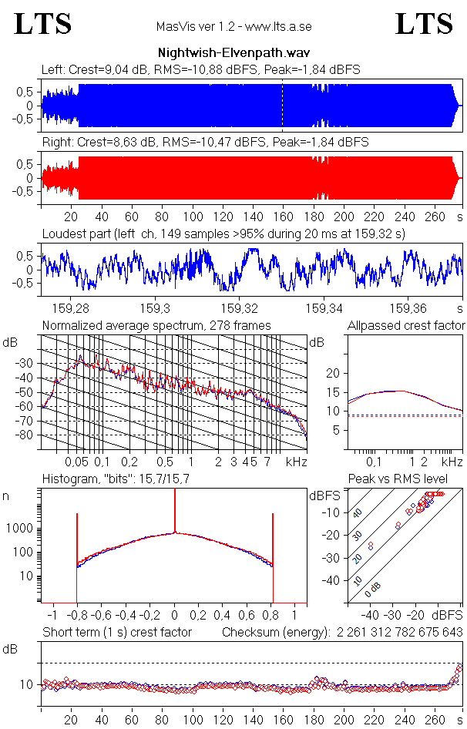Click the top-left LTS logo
pyautogui.click(x=43, y=24)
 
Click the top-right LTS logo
pyautogui.click(x=423, y=24)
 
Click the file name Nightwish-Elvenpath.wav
pyautogui.click(x=234, y=53)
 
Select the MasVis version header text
pyautogui.click(x=234, y=27)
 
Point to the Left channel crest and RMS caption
pyautogui.click(x=200, y=69)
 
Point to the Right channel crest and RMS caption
pyautogui.click(x=204, y=143)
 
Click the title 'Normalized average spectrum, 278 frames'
pyautogui.click(x=156, y=325)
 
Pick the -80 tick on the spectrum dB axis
pyautogui.click(x=29, y=435)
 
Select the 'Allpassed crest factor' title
pyautogui.click(x=406, y=325)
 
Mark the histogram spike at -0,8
pyautogui.click(x=77, y=539)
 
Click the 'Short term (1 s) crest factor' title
pyautogui.click(x=116, y=633)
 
